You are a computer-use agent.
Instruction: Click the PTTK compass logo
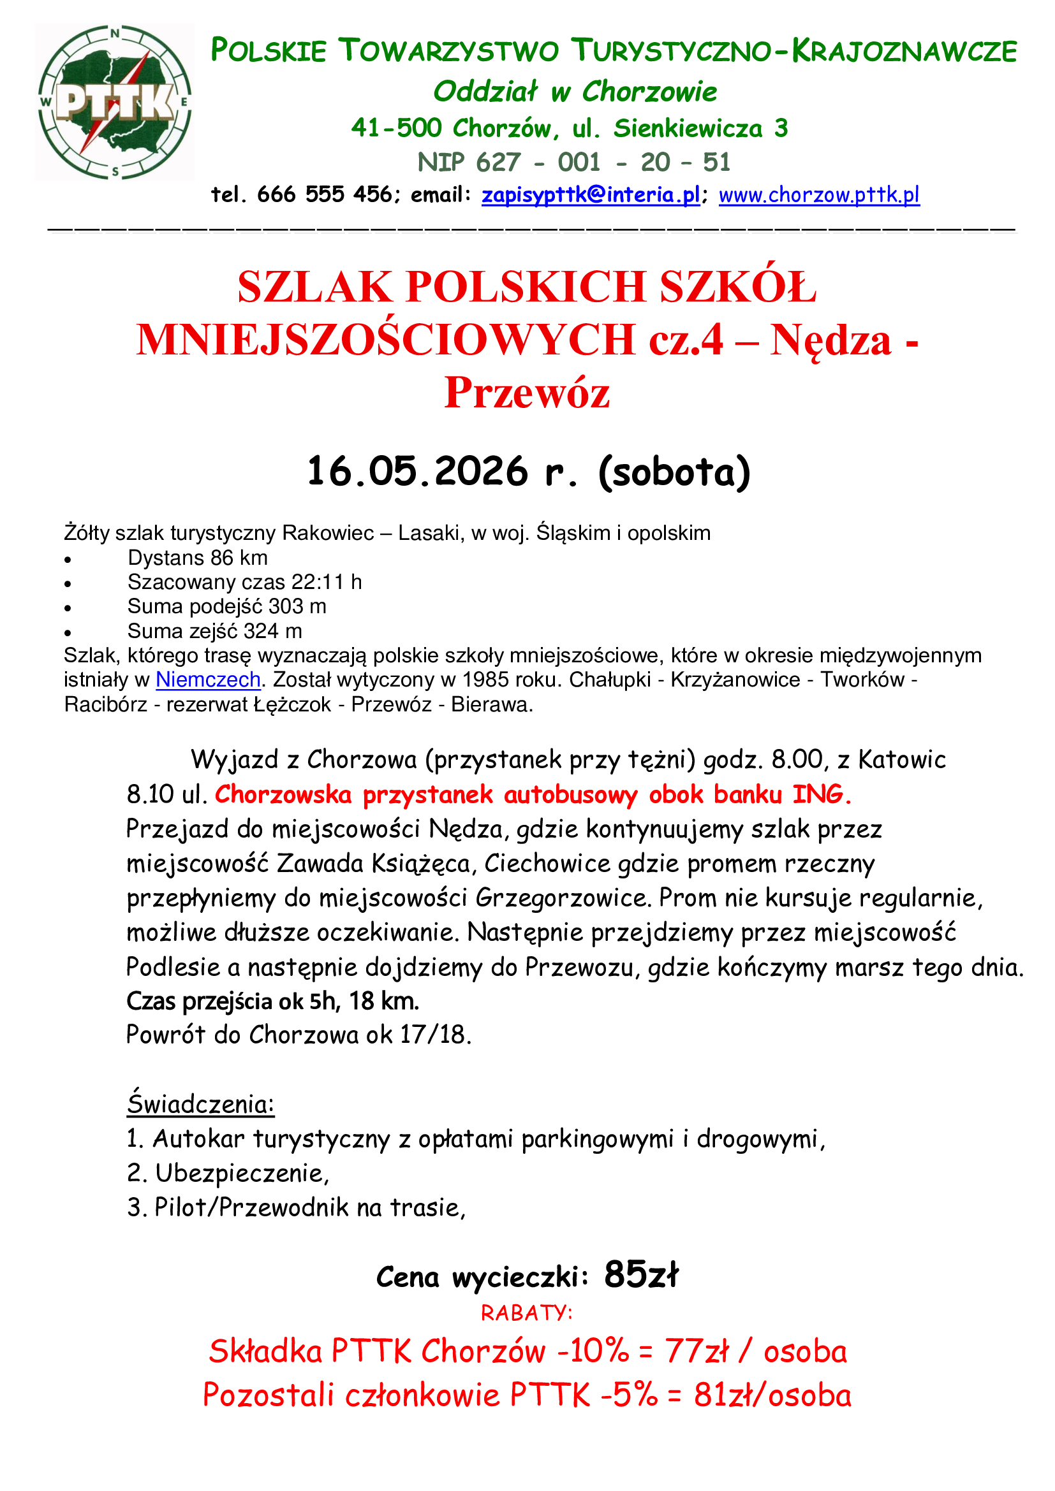coord(114,102)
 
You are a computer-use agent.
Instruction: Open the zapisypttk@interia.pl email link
coord(591,195)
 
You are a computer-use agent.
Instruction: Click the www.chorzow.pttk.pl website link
coord(818,195)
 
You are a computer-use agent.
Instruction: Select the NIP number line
coord(573,163)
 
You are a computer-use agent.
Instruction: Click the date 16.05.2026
coord(417,472)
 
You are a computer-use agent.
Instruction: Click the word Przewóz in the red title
coord(527,393)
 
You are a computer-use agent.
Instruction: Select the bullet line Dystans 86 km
coord(198,558)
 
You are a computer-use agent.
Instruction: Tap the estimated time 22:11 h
coord(327,582)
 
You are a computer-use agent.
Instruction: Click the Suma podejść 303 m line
coord(226,606)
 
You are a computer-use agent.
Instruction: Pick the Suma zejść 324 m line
coord(214,631)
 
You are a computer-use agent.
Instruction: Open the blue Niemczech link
coord(208,680)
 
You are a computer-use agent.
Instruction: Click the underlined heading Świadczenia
coord(200,1105)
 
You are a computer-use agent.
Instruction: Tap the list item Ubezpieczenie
coord(242,1174)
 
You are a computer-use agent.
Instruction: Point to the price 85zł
coord(640,1275)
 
